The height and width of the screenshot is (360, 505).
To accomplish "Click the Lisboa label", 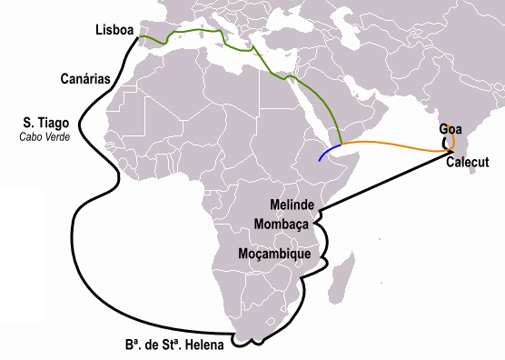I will click(114, 32).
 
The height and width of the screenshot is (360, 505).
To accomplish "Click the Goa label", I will click(451, 129).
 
